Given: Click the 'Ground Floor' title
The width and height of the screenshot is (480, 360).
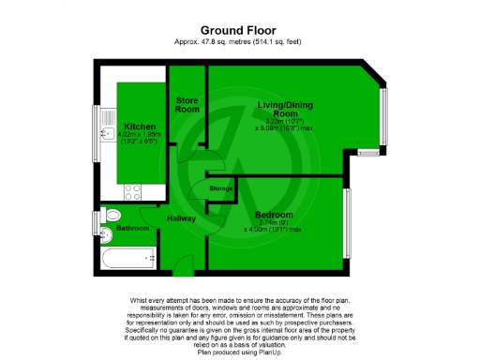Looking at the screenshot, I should pos(239,29).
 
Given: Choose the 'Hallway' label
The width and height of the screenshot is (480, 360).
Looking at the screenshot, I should pos(181,218).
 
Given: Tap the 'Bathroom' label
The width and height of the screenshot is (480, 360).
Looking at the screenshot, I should pos(133,228).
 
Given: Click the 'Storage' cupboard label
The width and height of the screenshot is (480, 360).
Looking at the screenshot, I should pos(222,188).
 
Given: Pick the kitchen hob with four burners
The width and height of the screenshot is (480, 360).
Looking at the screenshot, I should pos(132,191).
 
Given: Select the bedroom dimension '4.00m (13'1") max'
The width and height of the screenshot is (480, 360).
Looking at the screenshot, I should pos(274,229).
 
